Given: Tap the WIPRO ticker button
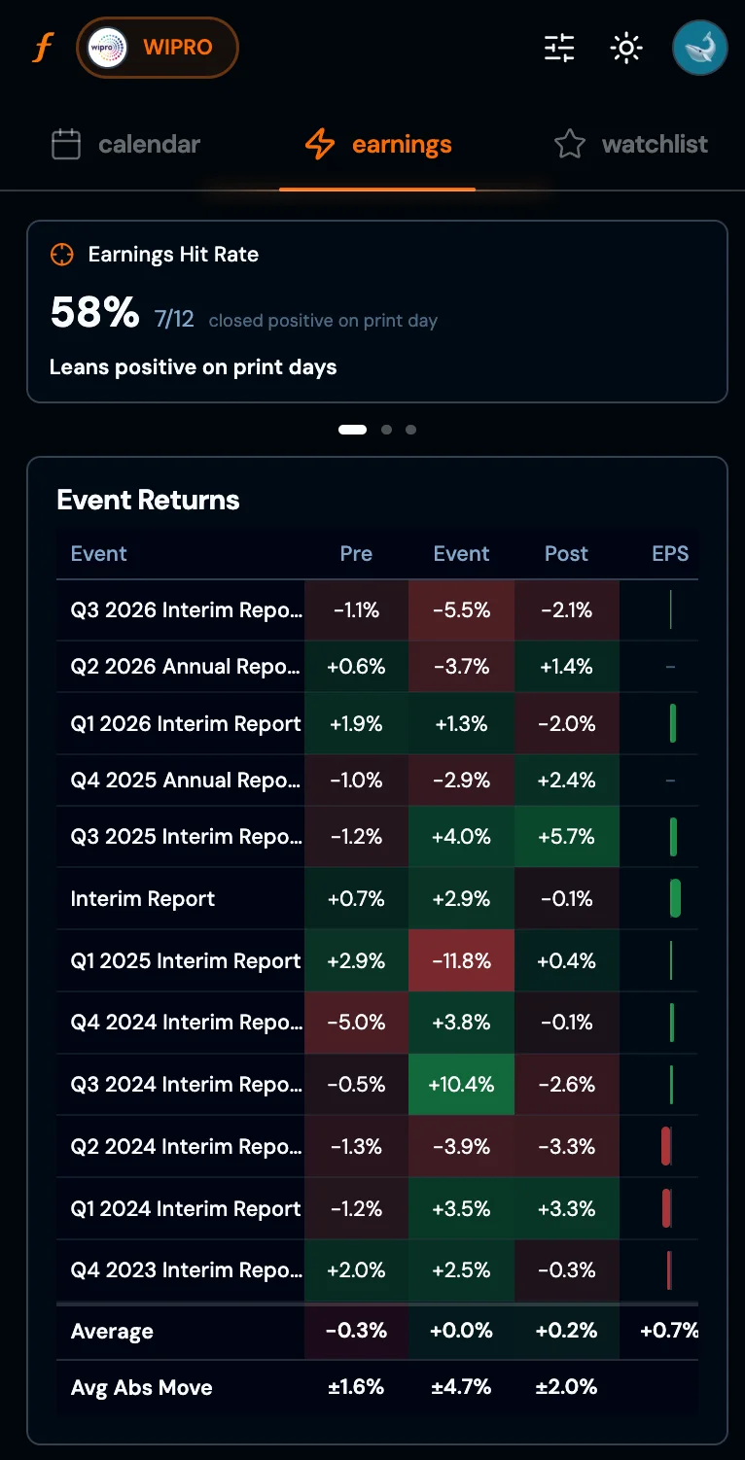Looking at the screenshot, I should click(158, 48).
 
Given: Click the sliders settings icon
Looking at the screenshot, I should click(559, 48).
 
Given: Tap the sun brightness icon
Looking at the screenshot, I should click(626, 48).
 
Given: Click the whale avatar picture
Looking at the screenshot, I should click(699, 48).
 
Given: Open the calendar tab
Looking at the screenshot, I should click(126, 145).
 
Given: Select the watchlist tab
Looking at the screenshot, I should click(631, 145).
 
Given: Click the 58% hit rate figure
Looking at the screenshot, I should click(94, 313).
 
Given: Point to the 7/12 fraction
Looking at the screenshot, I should click(174, 319).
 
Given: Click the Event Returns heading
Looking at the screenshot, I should click(148, 501).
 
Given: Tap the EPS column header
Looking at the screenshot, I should click(670, 554).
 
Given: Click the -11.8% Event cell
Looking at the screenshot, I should click(461, 960).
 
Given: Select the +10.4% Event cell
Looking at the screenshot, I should click(461, 1084).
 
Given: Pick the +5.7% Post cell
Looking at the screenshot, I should click(566, 837).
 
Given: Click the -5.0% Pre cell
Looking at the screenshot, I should click(356, 1023).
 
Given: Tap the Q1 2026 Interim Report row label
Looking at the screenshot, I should click(186, 724).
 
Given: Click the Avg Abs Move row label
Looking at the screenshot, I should click(141, 1388).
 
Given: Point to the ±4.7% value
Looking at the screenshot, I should click(461, 1388).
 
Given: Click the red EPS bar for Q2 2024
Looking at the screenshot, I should click(666, 1146).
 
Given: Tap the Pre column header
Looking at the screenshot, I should click(356, 554).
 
